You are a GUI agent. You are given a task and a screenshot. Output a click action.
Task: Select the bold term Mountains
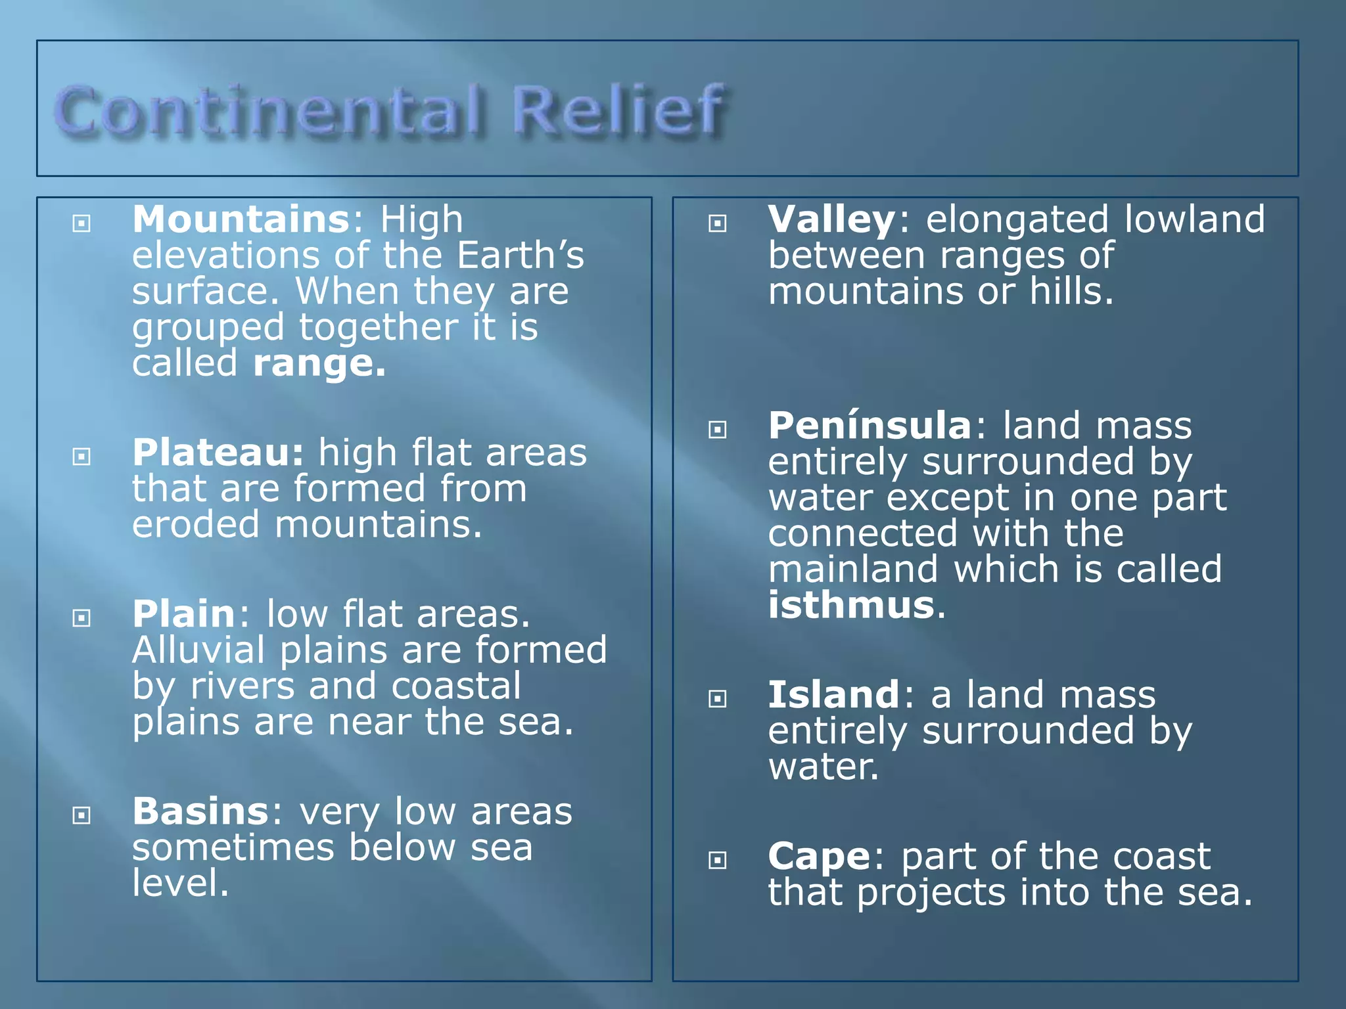(x=241, y=219)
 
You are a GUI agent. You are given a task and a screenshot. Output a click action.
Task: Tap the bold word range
(x=319, y=363)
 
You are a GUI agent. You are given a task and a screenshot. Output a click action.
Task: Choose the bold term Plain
(x=184, y=614)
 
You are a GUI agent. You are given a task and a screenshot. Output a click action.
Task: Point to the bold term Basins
(x=200, y=812)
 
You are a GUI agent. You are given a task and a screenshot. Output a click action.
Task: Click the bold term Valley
(x=831, y=219)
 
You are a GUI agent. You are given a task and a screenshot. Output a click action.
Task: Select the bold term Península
(x=870, y=426)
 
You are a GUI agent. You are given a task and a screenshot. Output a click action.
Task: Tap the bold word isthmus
(x=851, y=605)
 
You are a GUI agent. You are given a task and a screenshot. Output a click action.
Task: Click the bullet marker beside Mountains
(x=81, y=224)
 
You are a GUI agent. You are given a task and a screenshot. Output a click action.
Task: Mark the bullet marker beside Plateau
(x=81, y=457)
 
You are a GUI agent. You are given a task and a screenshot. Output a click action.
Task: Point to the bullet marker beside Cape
(x=718, y=861)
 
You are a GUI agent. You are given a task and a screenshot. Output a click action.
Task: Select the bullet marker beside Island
(x=718, y=699)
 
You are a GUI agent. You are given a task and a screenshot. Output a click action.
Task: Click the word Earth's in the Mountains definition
(x=520, y=256)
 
